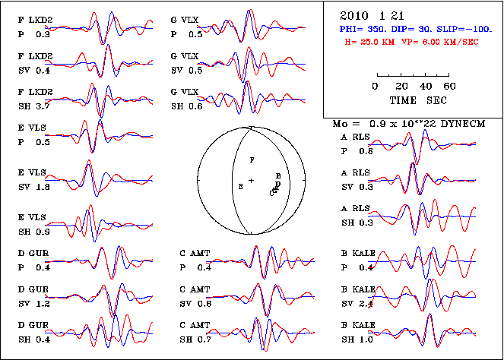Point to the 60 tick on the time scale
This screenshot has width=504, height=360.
[x=449, y=85]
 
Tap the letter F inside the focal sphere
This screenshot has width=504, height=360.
[x=253, y=159]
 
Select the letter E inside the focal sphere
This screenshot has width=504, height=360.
[x=241, y=186]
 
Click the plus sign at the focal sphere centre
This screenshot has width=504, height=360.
[x=251, y=180]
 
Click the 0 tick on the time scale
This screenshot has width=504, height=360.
[x=376, y=85]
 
